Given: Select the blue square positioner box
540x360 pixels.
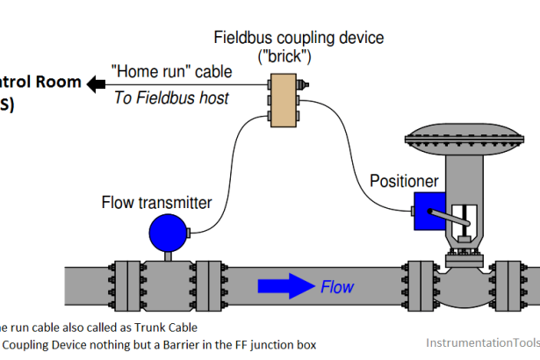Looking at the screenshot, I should [x=430, y=211].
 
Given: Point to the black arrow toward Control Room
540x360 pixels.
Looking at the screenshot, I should [x=96, y=83].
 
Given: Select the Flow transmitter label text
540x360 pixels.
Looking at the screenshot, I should [x=155, y=203].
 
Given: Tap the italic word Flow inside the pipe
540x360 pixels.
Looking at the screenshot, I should [x=338, y=286].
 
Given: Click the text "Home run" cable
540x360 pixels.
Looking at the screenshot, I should [x=173, y=73].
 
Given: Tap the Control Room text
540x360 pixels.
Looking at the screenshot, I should [x=40, y=83].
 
